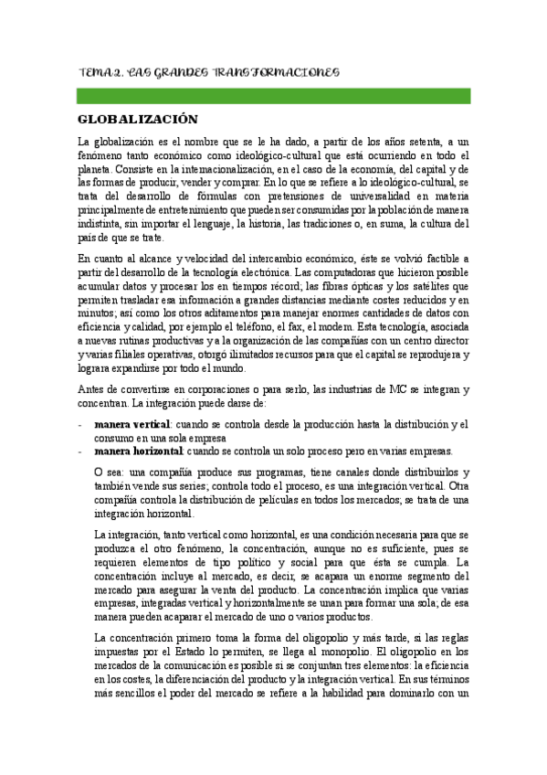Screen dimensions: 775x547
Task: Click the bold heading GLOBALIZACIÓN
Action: (138, 119)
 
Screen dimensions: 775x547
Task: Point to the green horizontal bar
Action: (273, 95)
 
